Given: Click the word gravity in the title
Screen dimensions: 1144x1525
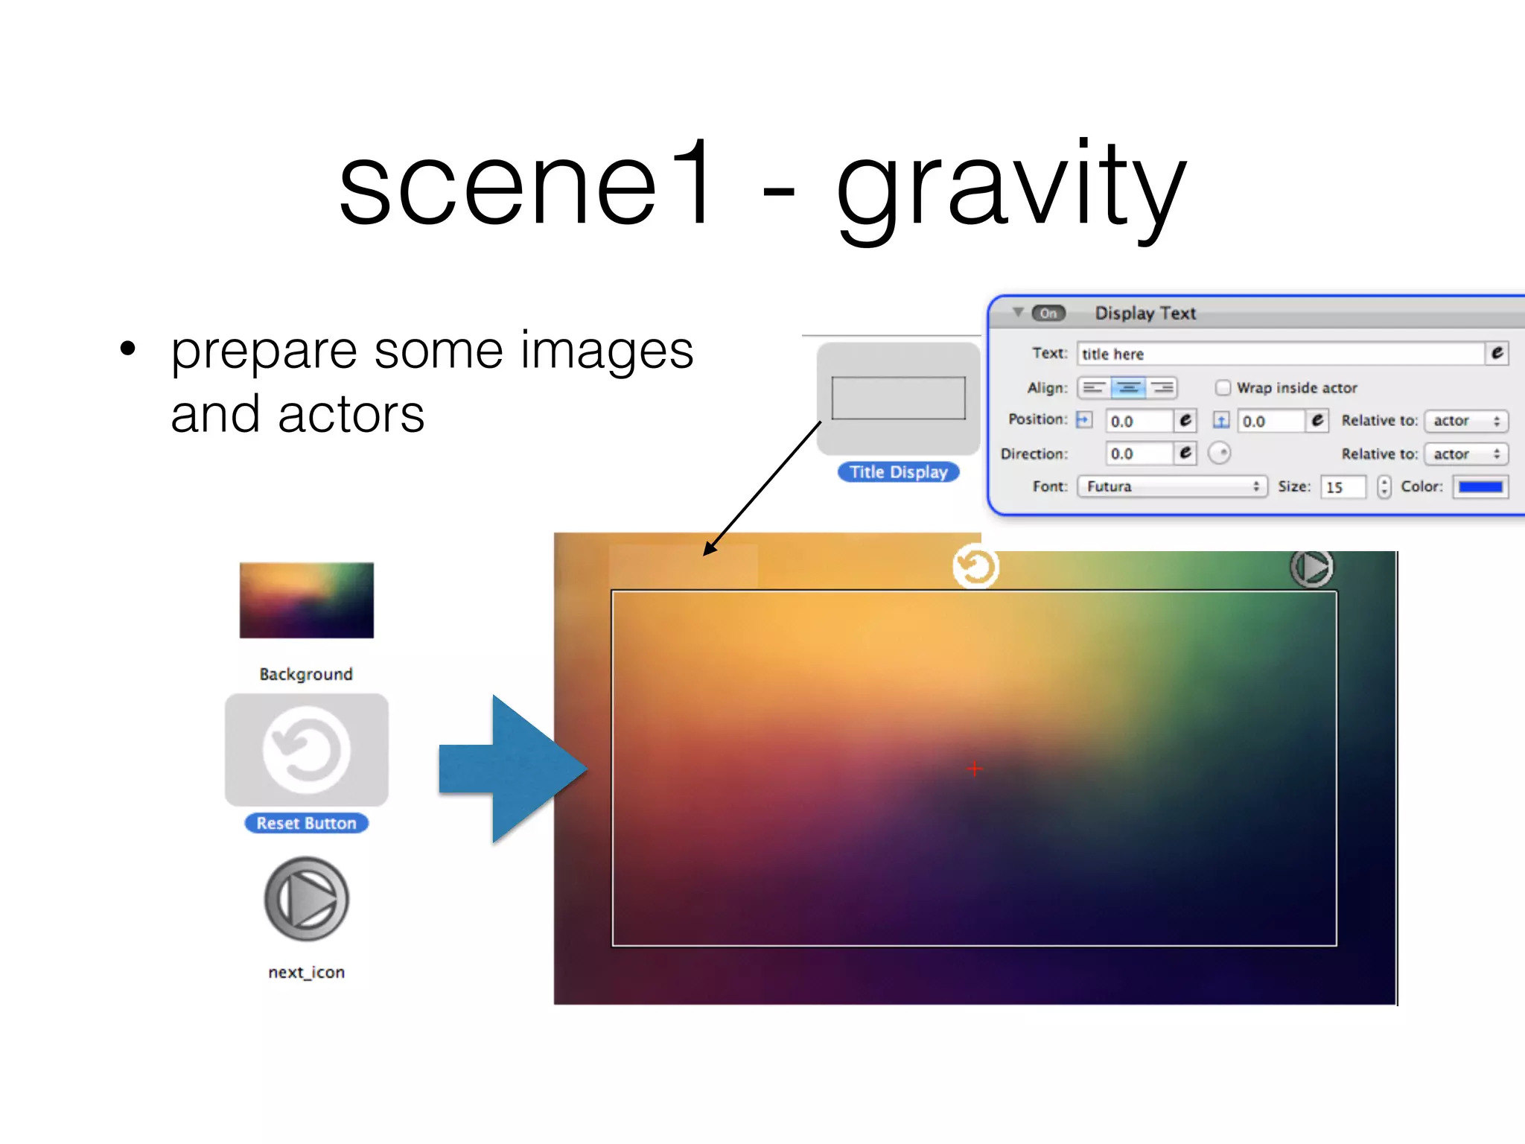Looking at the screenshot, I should pos(1010,186).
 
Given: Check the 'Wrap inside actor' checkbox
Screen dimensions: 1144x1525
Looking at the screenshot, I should pos(1223,388).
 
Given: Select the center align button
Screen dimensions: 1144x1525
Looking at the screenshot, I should pos(1128,388).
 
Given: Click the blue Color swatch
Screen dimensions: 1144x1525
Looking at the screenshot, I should pos(1480,487).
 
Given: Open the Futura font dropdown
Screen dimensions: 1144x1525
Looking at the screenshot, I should pos(1171,487).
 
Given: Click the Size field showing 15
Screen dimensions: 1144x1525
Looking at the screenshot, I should pos(1343,487).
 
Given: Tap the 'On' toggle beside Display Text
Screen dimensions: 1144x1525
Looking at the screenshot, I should pos(1048,314).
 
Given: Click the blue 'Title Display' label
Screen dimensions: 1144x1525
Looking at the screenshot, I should pos(898,472).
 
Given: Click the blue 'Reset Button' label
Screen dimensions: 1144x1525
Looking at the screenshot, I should pos(306,823).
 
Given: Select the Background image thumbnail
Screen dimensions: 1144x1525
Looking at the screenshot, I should pos(306,600).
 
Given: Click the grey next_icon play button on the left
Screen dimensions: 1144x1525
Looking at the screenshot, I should pos(306,899).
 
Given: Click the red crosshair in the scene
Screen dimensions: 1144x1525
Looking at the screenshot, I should pos(975,769).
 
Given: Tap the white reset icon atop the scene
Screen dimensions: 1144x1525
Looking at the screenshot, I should pos(975,568).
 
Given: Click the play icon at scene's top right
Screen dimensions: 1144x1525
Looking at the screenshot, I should pos(1311,568).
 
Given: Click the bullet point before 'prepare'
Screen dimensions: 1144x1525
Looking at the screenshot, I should pos(128,349).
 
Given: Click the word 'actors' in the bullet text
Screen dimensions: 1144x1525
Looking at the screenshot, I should pos(351,414).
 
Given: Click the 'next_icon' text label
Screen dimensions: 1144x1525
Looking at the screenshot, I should pos(306,972).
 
